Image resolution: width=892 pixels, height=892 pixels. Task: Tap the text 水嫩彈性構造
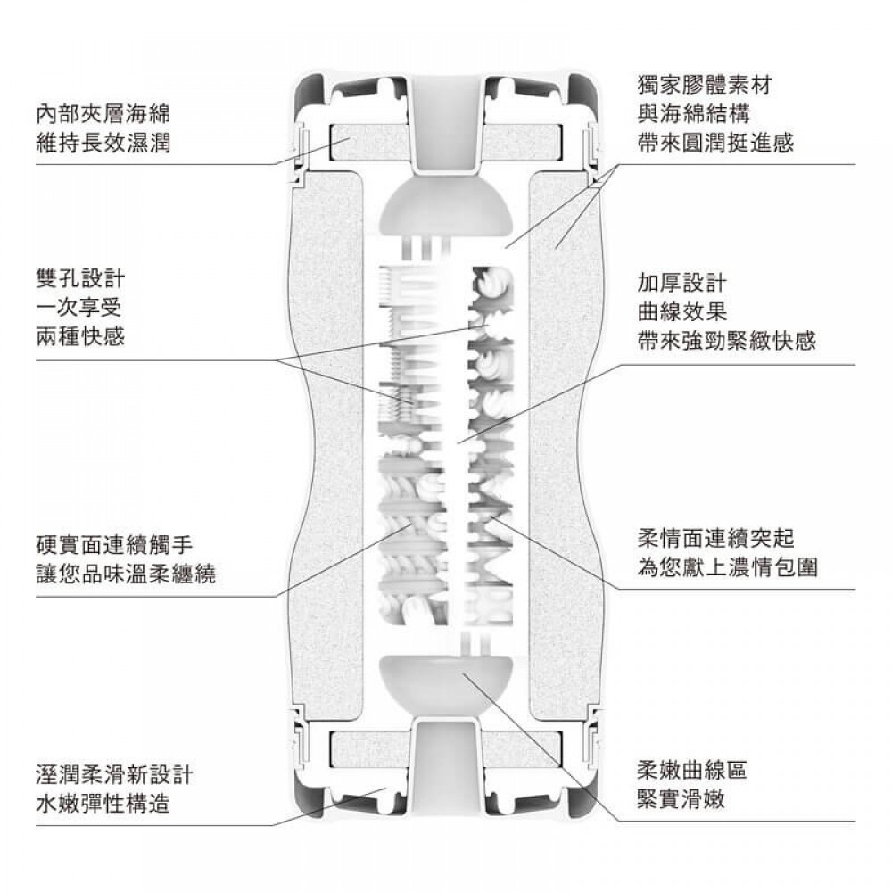coord(99,803)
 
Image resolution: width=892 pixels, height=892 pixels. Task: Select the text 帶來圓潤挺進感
coord(715,143)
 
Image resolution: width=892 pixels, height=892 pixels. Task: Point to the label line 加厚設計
coord(682,283)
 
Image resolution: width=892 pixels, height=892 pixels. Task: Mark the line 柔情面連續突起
coord(715,538)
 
